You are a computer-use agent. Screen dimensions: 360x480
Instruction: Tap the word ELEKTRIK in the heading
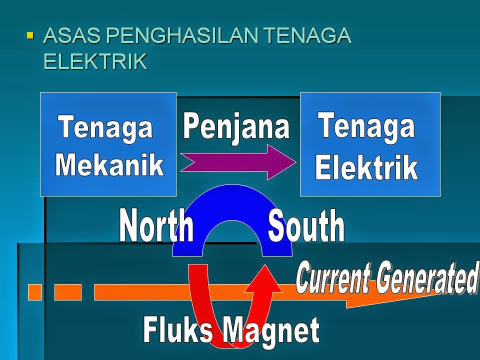pyautogui.click(x=95, y=61)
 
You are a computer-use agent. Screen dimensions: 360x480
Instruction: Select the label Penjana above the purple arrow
pyautogui.click(x=236, y=126)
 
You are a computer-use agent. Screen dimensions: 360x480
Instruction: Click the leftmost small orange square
pyautogui.click(x=34, y=292)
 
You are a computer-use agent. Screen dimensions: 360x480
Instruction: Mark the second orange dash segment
pyautogui.click(x=67, y=292)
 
